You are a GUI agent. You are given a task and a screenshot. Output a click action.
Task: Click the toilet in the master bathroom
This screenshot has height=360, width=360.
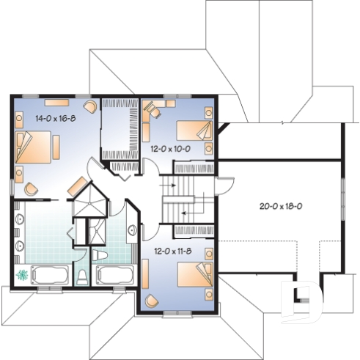(82, 276)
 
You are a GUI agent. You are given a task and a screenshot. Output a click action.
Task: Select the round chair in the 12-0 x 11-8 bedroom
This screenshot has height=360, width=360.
(153, 300)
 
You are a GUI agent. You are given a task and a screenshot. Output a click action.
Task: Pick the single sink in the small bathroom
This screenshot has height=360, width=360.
(132, 229)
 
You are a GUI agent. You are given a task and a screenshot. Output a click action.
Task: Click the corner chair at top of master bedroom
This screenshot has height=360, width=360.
(90, 107)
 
